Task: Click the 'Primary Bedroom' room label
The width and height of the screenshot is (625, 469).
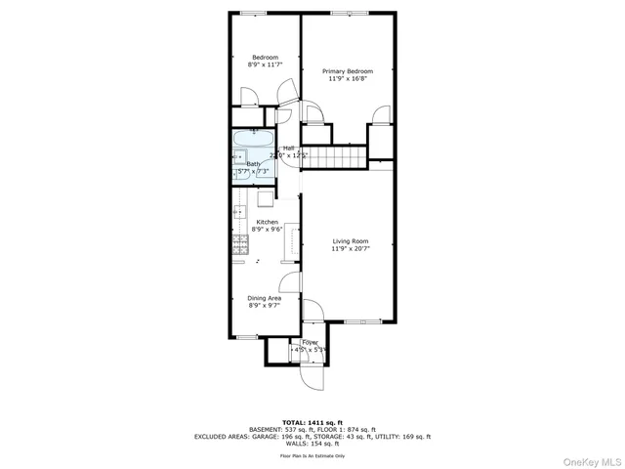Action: pos(350,70)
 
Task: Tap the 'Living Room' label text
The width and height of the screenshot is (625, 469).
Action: pos(350,240)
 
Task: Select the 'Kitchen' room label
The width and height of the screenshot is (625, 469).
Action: pos(266,222)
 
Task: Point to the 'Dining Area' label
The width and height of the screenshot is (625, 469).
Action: pos(266,298)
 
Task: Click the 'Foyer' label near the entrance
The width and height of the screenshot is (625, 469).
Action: pos(310,342)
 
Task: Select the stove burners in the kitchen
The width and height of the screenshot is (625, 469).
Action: pos(238,245)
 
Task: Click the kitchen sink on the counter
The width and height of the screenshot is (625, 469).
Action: pos(239,212)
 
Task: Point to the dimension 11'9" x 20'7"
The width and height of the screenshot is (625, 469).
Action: pos(350,249)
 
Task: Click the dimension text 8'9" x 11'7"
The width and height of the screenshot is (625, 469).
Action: pos(266,65)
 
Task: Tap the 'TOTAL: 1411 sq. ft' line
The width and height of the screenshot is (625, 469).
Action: pos(312,422)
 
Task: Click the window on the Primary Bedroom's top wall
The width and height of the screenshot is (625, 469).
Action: pos(350,13)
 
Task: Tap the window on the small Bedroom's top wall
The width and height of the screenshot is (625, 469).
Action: pos(254,13)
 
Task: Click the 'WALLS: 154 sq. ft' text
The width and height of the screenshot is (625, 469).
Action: pos(312,445)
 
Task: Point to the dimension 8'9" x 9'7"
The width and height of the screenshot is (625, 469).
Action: pos(266,306)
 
